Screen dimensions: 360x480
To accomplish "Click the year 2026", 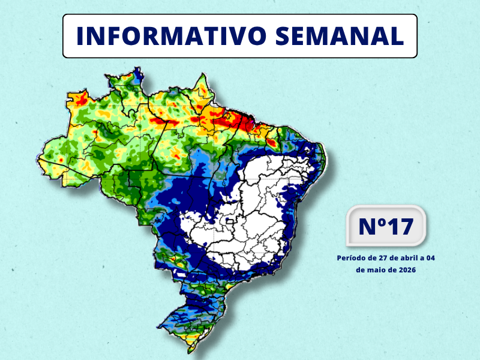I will click(406, 270).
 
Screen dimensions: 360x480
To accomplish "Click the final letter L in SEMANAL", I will click(396, 36).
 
